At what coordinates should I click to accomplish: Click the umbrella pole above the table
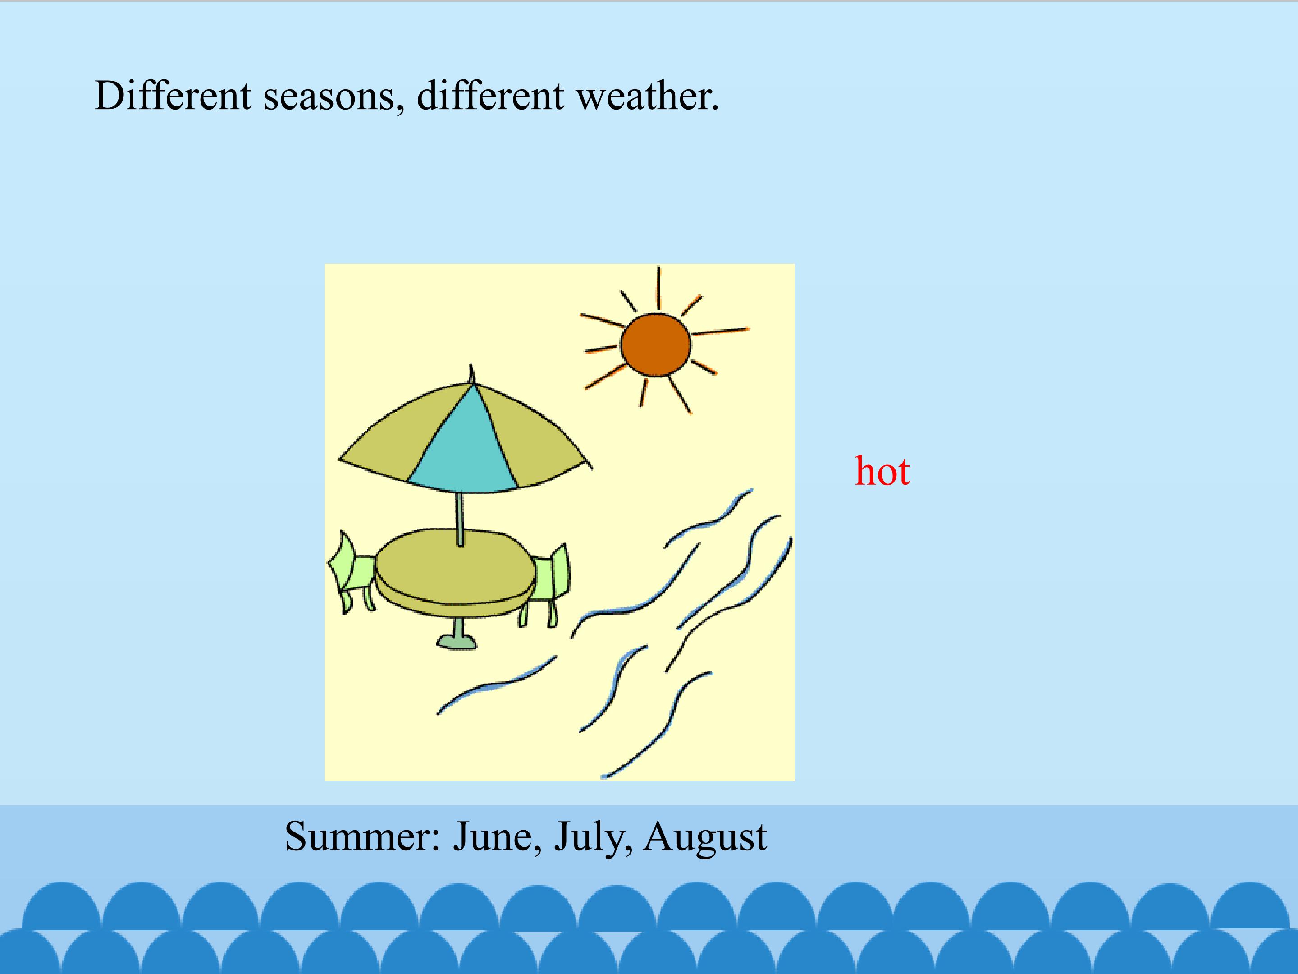(460, 519)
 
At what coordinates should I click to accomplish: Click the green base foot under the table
(457, 640)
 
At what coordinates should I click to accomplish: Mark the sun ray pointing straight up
(658, 288)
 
